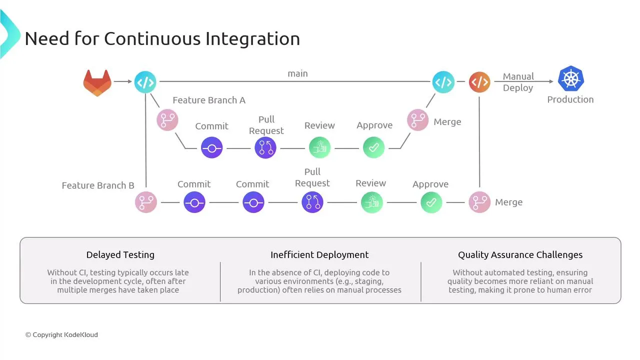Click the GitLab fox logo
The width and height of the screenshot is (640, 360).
coord(97,82)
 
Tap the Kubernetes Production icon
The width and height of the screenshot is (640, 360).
coord(571,78)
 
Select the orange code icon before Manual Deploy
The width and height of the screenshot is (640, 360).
coord(479,82)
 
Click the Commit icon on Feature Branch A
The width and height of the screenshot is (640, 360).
coord(211,148)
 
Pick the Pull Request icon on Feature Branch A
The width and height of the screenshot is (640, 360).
coord(265,148)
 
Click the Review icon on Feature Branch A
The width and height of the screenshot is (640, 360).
coord(319,148)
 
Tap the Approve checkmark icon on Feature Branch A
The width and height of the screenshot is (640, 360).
coord(373,148)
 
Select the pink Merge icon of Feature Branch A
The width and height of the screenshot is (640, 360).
coord(417,120)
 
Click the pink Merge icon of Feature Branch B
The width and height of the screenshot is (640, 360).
coord(479,202)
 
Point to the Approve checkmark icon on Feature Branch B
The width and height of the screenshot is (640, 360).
coord(431,202)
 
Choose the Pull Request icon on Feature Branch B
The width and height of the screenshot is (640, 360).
coord(312,202)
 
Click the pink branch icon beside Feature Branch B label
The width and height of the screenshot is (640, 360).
coord(146,202)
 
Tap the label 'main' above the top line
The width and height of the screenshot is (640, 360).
coord(297,73)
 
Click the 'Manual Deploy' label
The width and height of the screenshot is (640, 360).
coord(518,82)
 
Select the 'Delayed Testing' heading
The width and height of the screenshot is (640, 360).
coord(120,254)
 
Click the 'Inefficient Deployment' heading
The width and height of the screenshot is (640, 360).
coord(319,254)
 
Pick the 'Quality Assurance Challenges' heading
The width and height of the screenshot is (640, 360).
coord(520,254)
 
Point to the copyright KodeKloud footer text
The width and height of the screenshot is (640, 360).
coord(61,334)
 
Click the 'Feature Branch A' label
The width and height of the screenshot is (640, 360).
coord(209,100)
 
